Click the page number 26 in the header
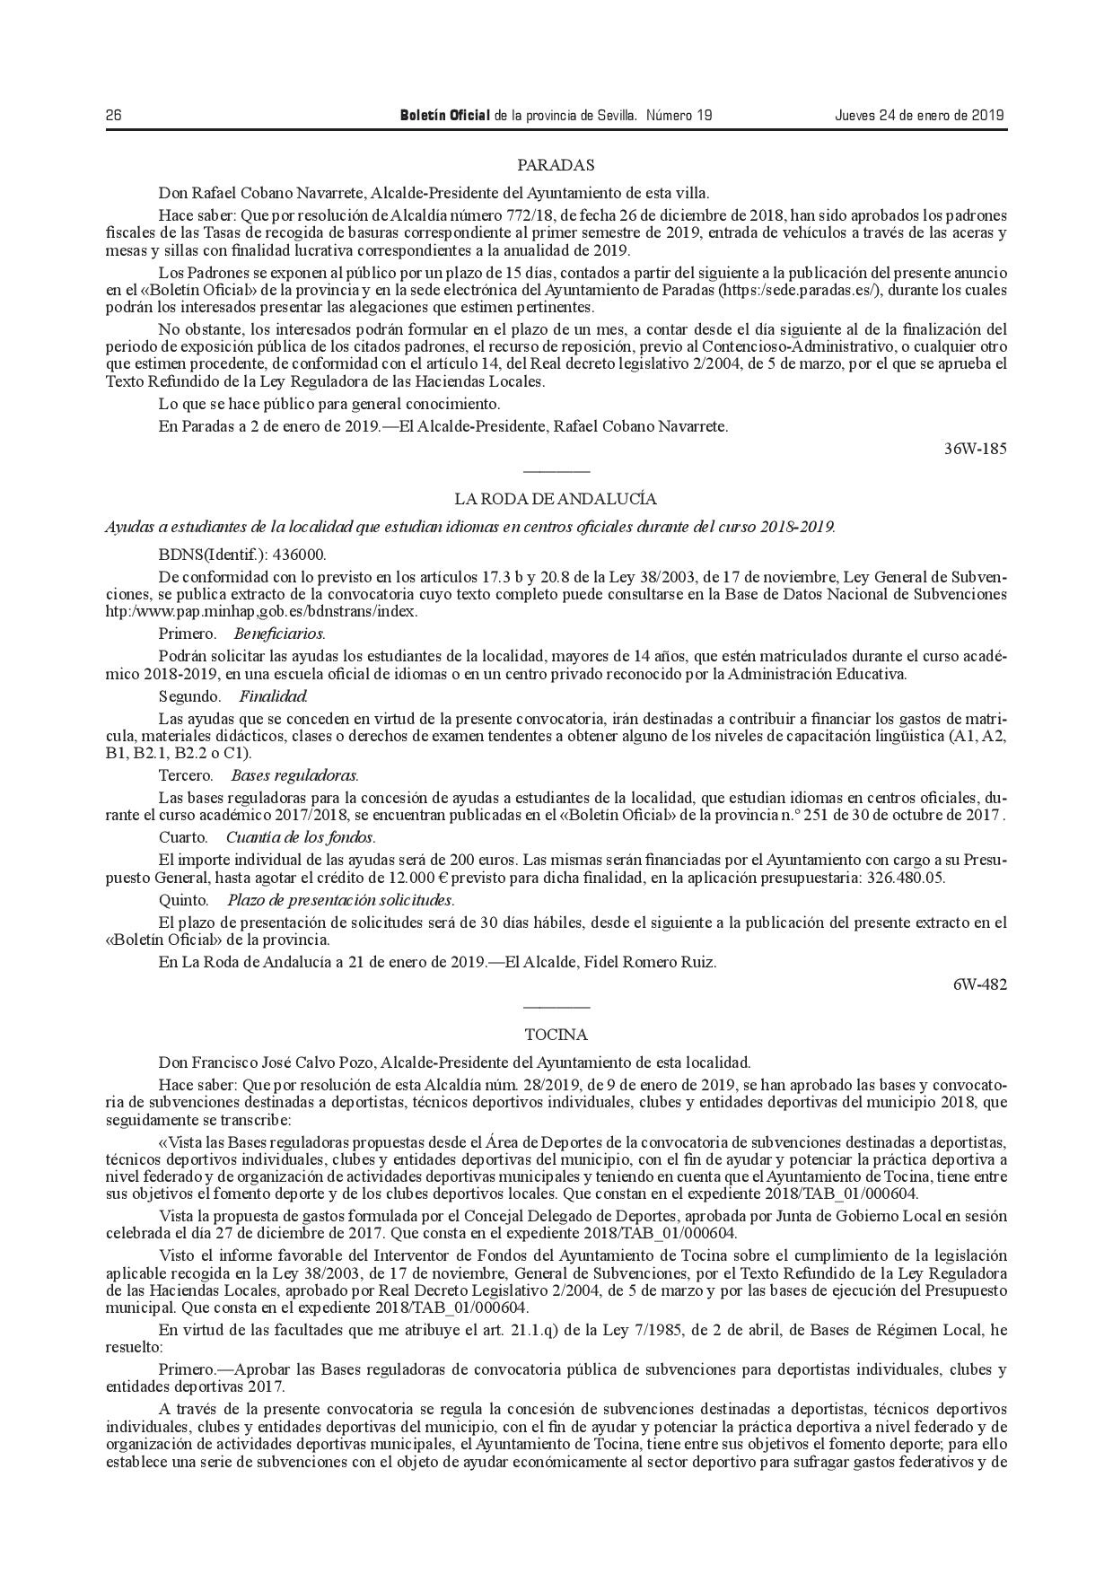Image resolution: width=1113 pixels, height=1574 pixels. coord(113,116)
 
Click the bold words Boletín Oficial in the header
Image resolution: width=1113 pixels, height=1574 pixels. coord(444,116)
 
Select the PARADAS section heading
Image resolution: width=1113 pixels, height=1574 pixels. coord(556,165)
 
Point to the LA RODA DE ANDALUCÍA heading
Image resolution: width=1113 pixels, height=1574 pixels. coord(556,499)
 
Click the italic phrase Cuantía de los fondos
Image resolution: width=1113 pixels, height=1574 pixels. coord(300,837)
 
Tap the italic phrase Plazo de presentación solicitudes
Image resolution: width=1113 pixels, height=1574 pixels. coord(340,900)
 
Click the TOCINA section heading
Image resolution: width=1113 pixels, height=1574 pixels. coord(556,1035)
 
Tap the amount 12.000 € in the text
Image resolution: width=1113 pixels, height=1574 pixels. coord(412,879)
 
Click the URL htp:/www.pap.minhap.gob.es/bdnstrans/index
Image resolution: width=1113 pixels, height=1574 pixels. coord(261,611)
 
